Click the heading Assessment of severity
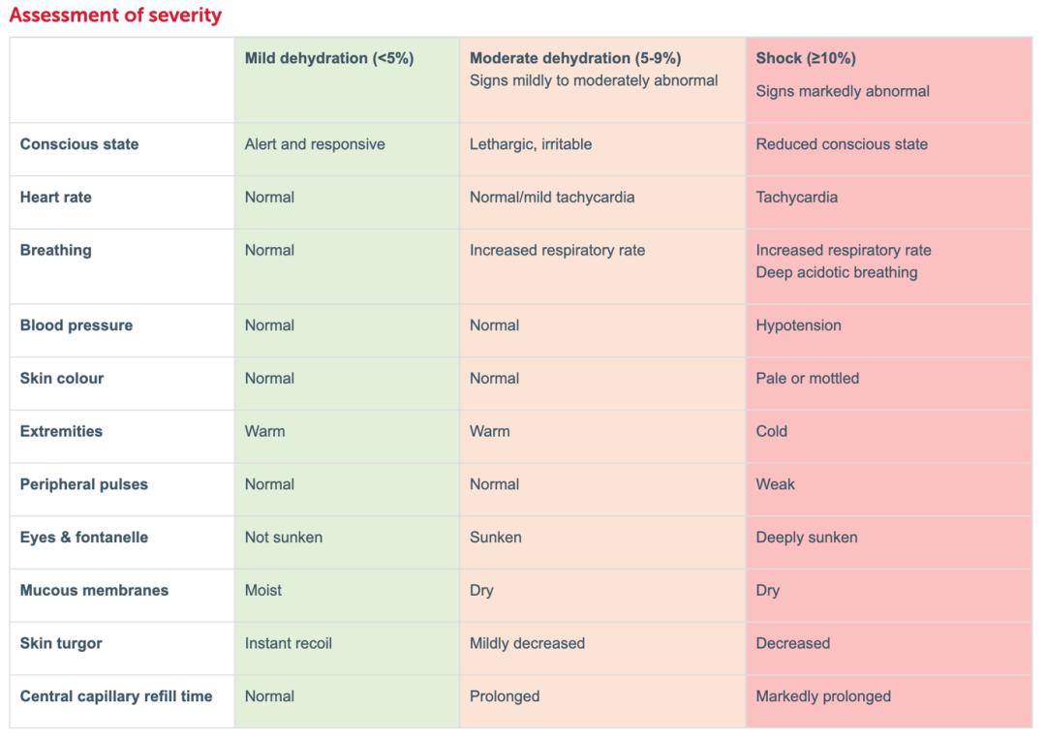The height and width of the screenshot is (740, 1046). coord(115,15)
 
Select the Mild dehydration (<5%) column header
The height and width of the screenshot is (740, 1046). coord(328,58)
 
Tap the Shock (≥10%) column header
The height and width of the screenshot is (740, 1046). coord(806,58)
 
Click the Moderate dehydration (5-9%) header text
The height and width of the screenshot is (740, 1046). coord(575,58)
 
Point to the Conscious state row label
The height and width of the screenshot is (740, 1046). coord(79,144)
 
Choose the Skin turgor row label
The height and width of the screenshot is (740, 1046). coord(61,643)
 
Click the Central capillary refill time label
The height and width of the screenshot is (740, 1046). coord(116,695)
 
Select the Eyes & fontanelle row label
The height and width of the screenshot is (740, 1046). coord(84,537)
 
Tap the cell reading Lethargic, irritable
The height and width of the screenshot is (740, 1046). coord(531,144)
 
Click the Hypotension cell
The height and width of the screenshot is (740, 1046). coord(798,325)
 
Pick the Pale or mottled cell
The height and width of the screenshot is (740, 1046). coord(807,378)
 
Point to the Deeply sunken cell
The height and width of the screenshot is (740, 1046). coord(807,537)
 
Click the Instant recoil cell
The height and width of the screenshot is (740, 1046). coord(289,643)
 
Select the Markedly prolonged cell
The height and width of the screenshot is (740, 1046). coord(823,695)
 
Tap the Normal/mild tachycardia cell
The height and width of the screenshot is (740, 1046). coord(552,197)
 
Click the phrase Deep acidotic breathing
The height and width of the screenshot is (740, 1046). coord(837,272)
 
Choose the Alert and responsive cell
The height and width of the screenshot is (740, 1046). coord(315,144)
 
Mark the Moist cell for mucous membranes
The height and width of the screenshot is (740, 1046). coord(263,590)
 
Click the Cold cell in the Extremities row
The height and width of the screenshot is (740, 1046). coord(772,431)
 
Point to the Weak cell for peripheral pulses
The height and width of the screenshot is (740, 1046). coord(775,483)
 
